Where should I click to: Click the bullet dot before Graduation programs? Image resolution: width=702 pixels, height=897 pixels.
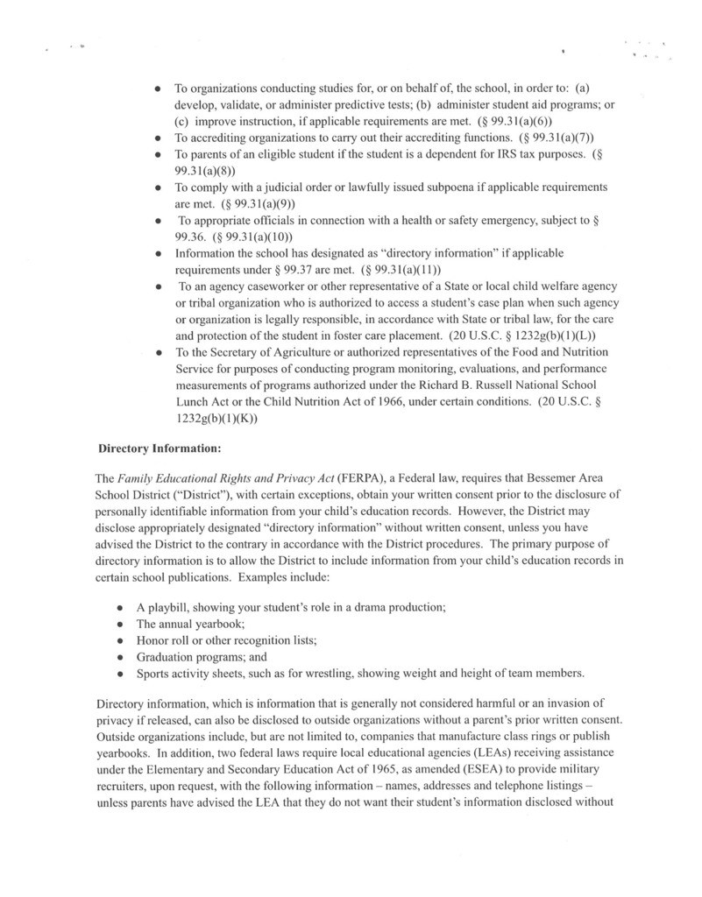[118, 657]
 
